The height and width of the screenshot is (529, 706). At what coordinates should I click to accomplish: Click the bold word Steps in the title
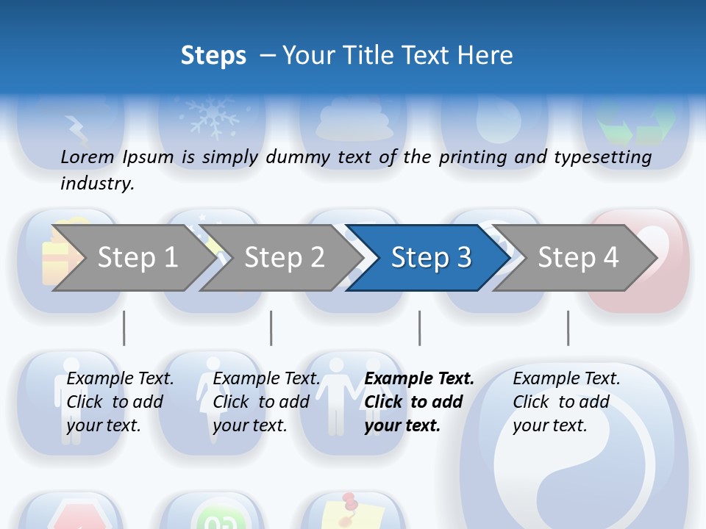pyautogui.click(x=213, y=55)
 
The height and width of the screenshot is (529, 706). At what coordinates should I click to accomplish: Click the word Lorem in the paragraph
pyautogui.click(x=88, y=156)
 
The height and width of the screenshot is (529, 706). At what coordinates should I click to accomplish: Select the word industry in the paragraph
pyautogui.click(x=97, y=184)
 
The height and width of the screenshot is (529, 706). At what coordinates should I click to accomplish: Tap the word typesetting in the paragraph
pyautogui.click(x=602, y=157)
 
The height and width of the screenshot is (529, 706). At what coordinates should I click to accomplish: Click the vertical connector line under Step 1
pyautogui.click(x=124, y=328)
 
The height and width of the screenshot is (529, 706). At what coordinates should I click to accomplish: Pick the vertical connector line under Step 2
pyautogui.click(x=271, y=328)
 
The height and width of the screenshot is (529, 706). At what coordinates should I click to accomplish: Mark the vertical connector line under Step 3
pyautogui.click(x=420, y=328)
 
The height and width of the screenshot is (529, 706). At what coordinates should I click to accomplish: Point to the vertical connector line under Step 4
pyautogui.click(x=568, y=328)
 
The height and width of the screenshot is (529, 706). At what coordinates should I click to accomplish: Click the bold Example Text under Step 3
pyautogui.click(x=419, y=379)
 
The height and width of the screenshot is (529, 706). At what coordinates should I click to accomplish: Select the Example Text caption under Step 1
pyautogui.click(x=120, y=379)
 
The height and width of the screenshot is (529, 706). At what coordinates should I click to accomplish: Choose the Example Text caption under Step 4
pyautogui.click(x=566, y=379)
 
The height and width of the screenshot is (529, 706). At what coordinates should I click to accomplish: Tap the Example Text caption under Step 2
pyautogui.click(x=266, y=379)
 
